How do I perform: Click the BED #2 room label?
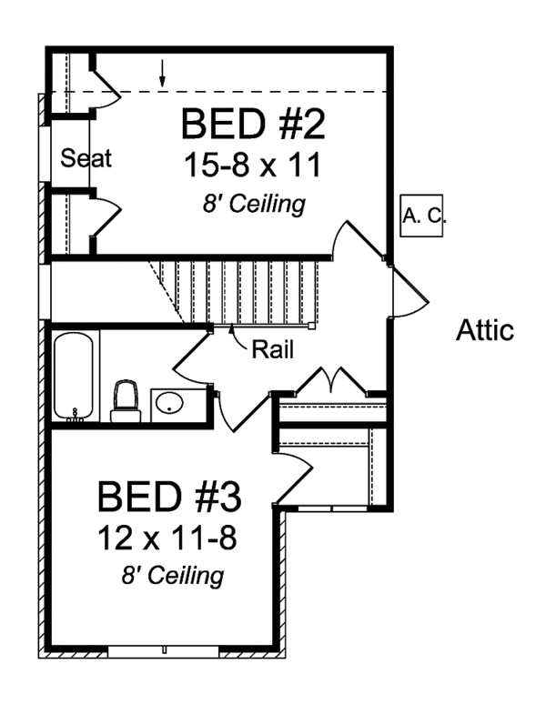253,125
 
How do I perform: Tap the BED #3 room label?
168,498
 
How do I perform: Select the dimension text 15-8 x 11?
253,166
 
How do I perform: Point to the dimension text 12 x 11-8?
168,538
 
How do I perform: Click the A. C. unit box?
421,216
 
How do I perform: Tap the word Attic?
484,330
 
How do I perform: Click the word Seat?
86,158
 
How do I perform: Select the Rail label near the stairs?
271,349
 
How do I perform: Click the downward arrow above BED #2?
163,75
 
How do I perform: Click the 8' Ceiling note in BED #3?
173,576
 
